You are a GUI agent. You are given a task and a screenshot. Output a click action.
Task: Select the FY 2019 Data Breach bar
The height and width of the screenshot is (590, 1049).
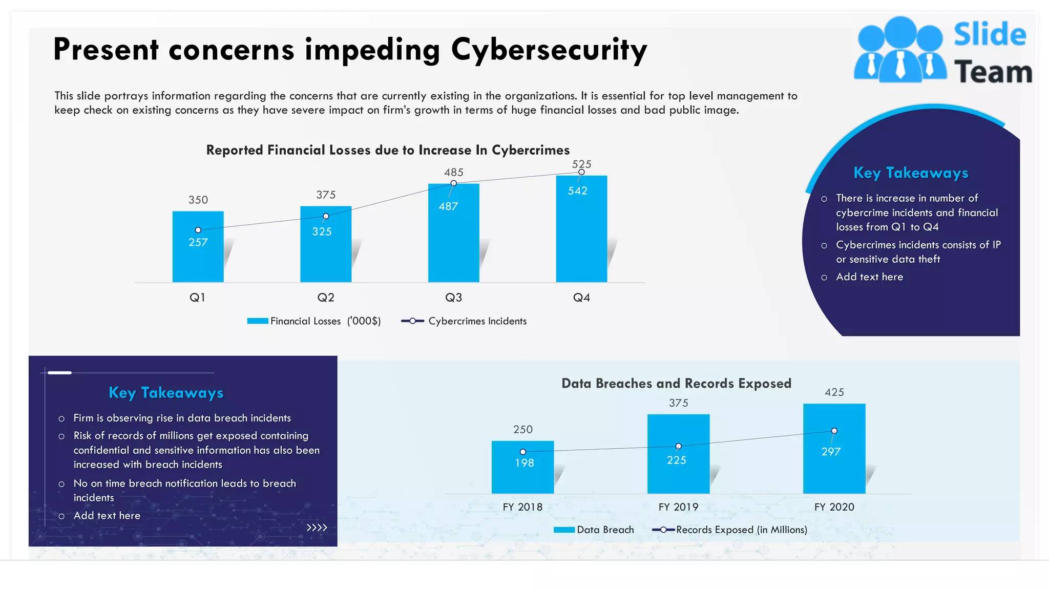pyautogui.click(x=678, y=476)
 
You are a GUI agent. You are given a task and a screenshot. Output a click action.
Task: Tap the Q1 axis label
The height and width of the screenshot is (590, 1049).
pyautogui.click(x=197, y=298)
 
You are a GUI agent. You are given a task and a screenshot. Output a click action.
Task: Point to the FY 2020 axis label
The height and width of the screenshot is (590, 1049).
pyautogui.click(x=834, y=507)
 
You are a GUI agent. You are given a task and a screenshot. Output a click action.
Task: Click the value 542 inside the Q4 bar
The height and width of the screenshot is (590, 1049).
pyautogui.click(x=577, y=191)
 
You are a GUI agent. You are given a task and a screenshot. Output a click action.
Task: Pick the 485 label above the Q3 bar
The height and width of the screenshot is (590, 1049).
pyautogui.click(x=453, y=173)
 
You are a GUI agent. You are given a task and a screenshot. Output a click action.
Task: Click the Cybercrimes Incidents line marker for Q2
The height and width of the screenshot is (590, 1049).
pyautogui.click(x=326, y=216)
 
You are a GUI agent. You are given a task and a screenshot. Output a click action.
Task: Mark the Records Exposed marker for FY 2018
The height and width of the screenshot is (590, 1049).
pyautogui.click(x=522, y=452)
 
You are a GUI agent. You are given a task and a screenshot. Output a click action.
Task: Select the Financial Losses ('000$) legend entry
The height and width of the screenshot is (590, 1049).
pyautogui.click(x=314, y=321)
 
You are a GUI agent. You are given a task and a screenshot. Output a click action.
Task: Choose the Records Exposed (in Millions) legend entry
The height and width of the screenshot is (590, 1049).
pyautogui.click(x=730, y=530)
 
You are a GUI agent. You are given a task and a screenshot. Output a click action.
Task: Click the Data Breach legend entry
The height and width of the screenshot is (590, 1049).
pyautogui.click(x=594, y=530)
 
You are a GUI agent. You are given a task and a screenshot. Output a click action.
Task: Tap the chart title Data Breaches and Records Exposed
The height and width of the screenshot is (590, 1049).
pyautogui.click(x=676, y=384)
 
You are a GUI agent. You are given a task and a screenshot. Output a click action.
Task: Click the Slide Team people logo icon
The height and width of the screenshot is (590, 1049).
pyautogui.click(x=899, y=50)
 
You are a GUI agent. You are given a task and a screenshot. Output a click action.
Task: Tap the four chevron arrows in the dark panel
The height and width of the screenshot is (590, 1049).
pyautogui.click(x=317, y=528)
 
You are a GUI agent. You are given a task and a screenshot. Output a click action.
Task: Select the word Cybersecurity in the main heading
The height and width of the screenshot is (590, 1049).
pyautogui.click(x=549, y=50)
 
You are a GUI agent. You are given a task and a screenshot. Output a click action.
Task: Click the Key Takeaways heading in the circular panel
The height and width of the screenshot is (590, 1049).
pyautogui.click(x=911, y=173)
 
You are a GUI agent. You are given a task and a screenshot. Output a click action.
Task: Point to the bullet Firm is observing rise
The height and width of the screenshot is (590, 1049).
pyautogui.click(x=182, y=418)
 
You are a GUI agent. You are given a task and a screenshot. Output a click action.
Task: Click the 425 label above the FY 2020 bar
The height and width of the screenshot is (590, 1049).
pyautogui.click(x=834, y=392)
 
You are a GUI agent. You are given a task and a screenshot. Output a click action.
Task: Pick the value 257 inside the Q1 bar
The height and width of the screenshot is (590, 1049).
pyautogui.click(x=198, y=242)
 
